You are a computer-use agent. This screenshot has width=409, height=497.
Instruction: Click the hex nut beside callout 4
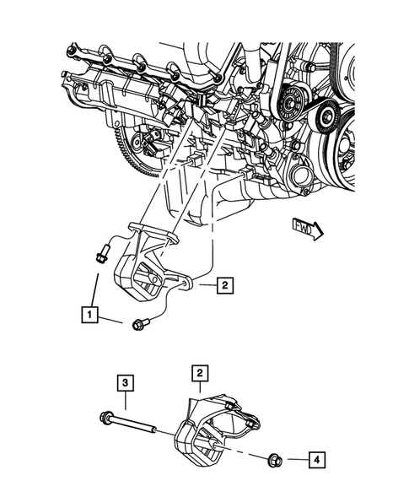click(273, 460)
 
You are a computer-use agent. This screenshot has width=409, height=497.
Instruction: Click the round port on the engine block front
click(296, 180)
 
